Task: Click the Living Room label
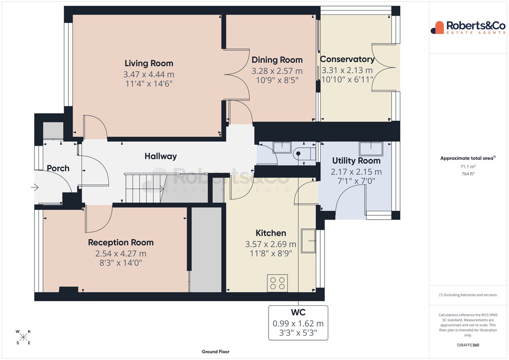[149, 63]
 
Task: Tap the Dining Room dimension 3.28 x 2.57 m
[277, 71]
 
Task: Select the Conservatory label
[347, 59]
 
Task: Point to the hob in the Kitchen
[277, 283]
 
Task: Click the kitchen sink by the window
[308, 241]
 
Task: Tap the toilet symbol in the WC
[304, 153]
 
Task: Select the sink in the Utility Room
[371, 149]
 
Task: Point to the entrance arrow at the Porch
[35, 187]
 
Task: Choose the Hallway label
[161, 156]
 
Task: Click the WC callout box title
[298, 313]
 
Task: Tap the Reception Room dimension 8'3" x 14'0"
[120, 263]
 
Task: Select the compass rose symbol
[23, 337]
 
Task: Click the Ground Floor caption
[215, 352]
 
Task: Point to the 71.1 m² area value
[468, 167]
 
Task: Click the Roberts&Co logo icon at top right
[437, 28]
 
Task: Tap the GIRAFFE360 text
[468, 345]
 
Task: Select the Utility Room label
[356, 161]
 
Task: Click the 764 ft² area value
[468, 174]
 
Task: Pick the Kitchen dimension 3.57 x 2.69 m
[271, 244]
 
